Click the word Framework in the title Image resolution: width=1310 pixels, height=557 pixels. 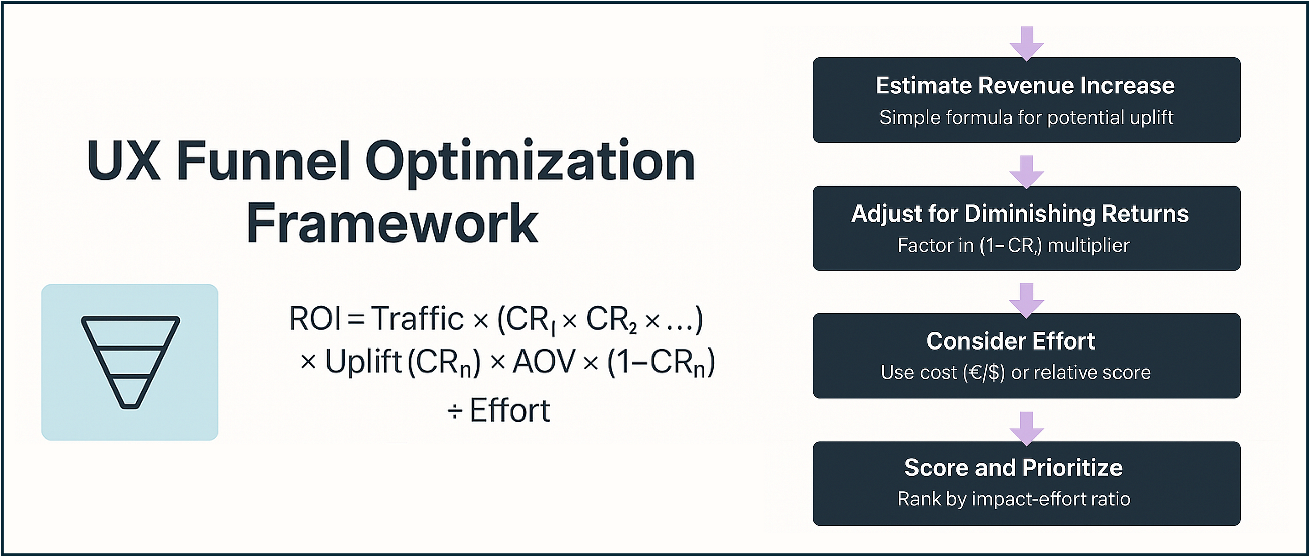[x=392, y=224]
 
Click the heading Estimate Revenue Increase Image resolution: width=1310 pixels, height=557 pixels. [x=1025, y=86]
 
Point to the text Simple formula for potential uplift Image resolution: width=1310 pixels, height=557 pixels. [x=1026, y=118]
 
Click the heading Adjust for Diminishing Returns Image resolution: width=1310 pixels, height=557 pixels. [x=1020, y=214]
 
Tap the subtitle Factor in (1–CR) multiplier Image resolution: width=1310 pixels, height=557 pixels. [x=1013, y=246]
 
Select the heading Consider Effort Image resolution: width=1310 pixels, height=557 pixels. [x=1011, y=341]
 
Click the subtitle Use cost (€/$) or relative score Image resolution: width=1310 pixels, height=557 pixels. [x=1016, y=373]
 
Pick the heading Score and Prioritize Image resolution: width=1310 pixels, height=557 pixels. [x=1013, y=467]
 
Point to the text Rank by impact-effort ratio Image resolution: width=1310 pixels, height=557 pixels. [x=1014, y=499]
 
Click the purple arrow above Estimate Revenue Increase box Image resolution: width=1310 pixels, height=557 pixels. [x=1027, y=44]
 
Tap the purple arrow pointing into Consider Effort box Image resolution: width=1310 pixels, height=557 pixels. [x=1027, y=301]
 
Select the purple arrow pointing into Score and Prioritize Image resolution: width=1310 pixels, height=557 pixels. [x=1027, y=429]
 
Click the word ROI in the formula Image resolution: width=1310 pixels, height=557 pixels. [x=315, y=319]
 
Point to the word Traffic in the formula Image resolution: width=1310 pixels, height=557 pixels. [x=417, y=319]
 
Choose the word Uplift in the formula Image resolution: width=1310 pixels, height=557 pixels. [x=364, y=363]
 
